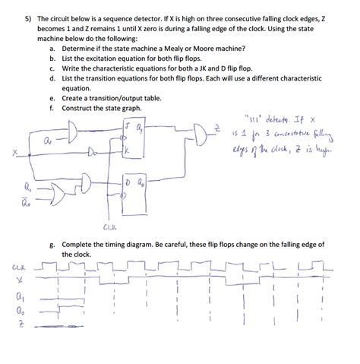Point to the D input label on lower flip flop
(129, 185)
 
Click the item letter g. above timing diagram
(51, 245)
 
